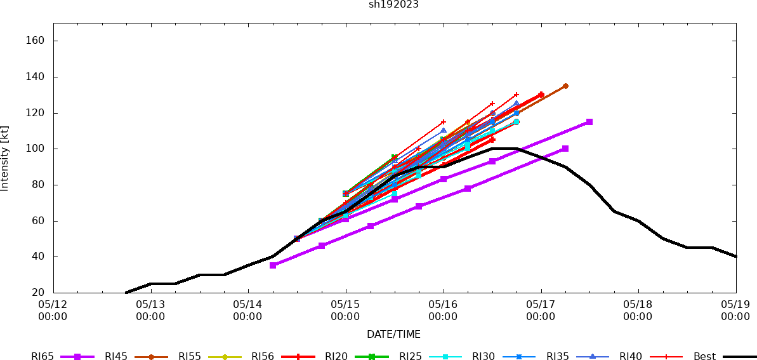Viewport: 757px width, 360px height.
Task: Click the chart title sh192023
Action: tap(393, 4)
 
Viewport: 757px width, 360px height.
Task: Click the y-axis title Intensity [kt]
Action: tap(5, 158)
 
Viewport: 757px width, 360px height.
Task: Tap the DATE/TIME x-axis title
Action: tap(393, 335)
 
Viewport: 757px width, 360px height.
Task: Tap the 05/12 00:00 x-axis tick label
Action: tap(53, 311)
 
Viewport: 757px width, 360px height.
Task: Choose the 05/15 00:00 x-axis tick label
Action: tap(346, 311)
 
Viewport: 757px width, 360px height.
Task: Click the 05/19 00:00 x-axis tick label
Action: tap(736, 311)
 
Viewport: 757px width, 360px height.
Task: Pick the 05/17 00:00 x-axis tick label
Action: tap(541, 311)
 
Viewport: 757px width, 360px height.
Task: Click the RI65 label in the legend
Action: tap(43, 357)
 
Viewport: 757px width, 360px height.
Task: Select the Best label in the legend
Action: tap(704, 357)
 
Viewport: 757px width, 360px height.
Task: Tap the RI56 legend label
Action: tap(263, 357)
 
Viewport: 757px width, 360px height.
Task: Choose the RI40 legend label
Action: tap(631, 357)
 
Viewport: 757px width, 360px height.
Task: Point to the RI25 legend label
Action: tap(410, 357)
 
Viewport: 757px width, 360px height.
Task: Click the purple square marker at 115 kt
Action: tap(589, 122)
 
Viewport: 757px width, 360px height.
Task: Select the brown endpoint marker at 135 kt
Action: tap(565, 86)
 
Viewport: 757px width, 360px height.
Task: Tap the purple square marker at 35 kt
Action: tap(273, 265)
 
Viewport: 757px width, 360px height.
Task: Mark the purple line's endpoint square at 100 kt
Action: tap(565, 149)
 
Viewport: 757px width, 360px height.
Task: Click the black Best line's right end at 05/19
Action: tap(736, 257)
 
